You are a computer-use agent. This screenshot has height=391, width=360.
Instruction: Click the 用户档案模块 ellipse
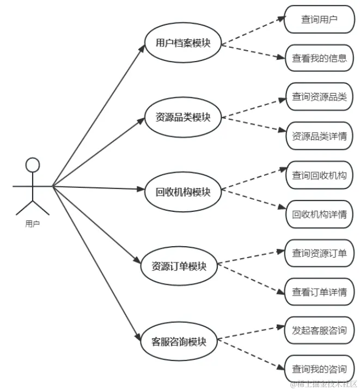coord(183,43)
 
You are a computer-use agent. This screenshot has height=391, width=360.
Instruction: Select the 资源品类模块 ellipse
coord(183,117)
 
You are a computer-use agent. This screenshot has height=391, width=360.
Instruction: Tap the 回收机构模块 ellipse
coord(183,192)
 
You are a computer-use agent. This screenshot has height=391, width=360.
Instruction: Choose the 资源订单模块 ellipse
coord(179,267)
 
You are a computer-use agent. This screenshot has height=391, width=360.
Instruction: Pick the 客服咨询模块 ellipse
coord(179,342)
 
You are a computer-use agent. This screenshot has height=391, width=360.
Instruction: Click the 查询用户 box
coord(320,19)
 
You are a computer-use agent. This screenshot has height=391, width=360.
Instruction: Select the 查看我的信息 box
coord(320,58)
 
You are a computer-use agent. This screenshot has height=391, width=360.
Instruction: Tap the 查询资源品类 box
coord(320,96)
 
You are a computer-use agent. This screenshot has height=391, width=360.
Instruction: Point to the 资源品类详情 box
coord(320,136)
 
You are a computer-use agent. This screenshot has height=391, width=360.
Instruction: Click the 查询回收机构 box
coord(320,175)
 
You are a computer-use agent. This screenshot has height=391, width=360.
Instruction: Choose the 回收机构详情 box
coord(320,214)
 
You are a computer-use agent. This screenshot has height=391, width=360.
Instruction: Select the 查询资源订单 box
coord(320,253)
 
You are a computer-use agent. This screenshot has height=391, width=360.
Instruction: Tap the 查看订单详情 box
coord(320,292)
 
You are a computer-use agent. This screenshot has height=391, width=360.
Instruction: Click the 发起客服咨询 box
coord(320,330)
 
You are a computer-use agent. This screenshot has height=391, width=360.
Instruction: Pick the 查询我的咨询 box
coord(320,369)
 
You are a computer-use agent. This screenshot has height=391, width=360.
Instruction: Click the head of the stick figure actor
coord(33,164)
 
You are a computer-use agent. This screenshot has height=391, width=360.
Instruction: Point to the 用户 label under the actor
coord(32,223)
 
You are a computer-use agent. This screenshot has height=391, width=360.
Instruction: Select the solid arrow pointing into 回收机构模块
coord(98,188)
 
